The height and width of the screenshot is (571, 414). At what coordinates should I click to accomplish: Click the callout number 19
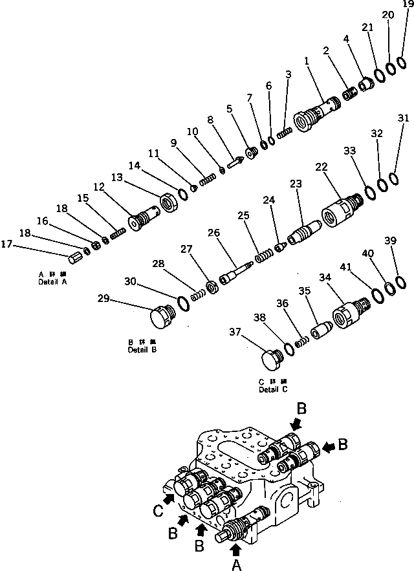(x=405, y=4)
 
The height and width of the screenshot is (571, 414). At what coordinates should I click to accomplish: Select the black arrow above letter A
(x=235, y=550)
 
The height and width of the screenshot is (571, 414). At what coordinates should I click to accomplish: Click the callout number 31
(x=403, y=118)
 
